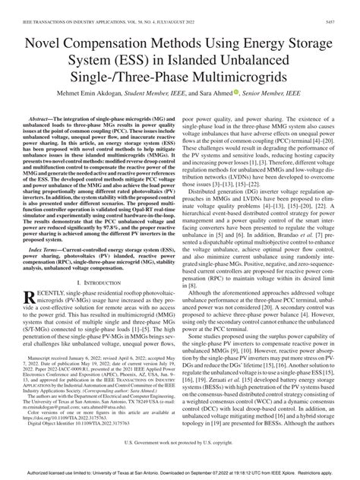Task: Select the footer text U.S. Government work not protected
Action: (180, 462)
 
